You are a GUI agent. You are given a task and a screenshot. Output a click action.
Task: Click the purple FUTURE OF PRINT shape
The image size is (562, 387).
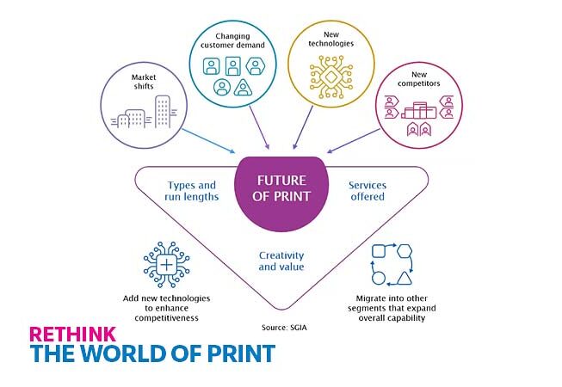[x=281, y=193]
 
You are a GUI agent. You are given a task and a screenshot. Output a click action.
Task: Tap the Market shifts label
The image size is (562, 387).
[x=144, y=82]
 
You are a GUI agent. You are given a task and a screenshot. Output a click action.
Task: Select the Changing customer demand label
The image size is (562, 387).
[x=232, y=40]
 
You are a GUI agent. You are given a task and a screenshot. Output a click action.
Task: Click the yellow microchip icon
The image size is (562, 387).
[x=331, y=77]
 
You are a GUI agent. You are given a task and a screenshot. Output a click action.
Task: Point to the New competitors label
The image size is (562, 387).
[x=418, y=79]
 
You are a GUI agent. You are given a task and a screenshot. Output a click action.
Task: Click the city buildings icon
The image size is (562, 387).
[x=145, y=112]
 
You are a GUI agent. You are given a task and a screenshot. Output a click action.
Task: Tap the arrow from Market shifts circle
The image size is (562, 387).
[x=208, y=141]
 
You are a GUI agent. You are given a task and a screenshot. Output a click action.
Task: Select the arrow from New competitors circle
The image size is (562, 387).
[x=353, y=141]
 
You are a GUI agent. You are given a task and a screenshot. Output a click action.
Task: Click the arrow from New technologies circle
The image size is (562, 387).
[x=303, y=127]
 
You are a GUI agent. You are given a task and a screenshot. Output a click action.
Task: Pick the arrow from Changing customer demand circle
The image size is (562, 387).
[x=259, y=127]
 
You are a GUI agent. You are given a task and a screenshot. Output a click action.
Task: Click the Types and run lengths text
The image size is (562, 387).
[x=192, y=191]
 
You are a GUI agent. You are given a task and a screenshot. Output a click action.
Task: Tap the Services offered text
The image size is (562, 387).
[x=367, y=191]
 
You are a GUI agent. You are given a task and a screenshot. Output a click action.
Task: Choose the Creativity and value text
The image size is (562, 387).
[x=281, y=261]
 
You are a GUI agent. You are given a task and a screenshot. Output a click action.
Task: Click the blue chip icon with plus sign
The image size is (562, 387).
[x=166, y=265]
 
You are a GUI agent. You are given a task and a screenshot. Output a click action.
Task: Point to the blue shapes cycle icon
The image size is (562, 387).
[x=392, y=265]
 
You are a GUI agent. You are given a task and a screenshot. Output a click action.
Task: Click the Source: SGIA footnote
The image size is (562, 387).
[x=284, y=327]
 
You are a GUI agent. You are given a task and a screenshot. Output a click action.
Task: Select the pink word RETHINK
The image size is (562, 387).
[x=73, y=334]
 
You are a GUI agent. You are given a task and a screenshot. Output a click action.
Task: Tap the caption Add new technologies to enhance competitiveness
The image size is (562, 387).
[x=166, y=308]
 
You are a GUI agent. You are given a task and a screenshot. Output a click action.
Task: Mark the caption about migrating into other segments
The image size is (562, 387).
[x=392, y=308]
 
